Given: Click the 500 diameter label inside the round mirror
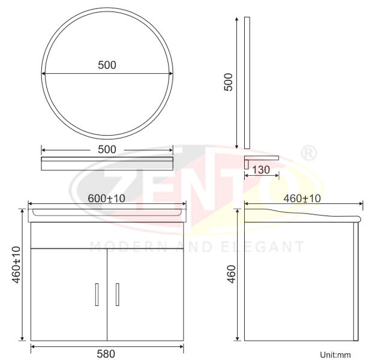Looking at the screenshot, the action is tap(107, 65).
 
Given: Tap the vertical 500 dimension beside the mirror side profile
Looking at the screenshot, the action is tap(229, 82).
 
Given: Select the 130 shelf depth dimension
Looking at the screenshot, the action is tap(261, 170).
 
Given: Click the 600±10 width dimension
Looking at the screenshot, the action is tap(107, 199).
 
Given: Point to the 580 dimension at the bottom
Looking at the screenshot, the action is tap(106, 354).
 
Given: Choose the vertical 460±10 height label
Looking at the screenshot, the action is tap(16, 265).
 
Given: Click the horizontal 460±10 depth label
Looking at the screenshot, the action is tap(302, 199).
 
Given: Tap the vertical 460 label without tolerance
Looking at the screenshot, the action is tap(231, 274).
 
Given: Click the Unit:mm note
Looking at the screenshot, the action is tap(335, 355).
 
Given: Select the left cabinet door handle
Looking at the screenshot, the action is tap(97, 294).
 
